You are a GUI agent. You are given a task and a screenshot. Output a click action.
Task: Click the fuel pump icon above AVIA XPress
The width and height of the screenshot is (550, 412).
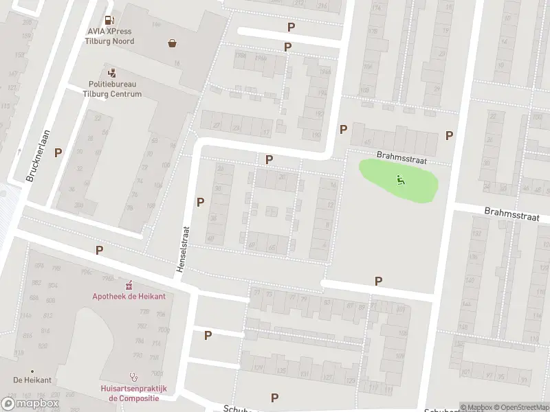[x=109, y=21]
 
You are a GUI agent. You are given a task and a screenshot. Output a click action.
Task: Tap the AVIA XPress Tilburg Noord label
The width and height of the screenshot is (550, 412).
[x=110, y=36]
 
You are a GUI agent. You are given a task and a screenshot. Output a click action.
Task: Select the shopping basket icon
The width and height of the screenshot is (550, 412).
[x=172, y=43]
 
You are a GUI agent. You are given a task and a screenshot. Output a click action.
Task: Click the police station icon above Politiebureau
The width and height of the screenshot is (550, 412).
[x=111, y=73]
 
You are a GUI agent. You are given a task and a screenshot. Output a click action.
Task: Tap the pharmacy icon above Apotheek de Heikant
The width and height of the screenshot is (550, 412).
[x=129, y=285]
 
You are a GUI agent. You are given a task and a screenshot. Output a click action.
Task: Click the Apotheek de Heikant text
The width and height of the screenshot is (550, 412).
[x=129, y=296]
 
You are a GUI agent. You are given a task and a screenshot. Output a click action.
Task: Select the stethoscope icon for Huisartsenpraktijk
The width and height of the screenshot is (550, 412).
[x=134, y=376]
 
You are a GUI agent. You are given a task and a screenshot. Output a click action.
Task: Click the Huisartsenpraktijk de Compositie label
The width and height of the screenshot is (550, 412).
[x=133, y=392]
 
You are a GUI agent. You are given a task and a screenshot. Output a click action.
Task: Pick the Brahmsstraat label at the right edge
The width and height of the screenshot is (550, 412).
[x=511, y=214]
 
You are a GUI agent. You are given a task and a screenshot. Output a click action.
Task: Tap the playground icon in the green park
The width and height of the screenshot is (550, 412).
[x=401, y=180]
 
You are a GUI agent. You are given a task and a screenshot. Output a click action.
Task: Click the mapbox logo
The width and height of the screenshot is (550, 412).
[x=30, y=404]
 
